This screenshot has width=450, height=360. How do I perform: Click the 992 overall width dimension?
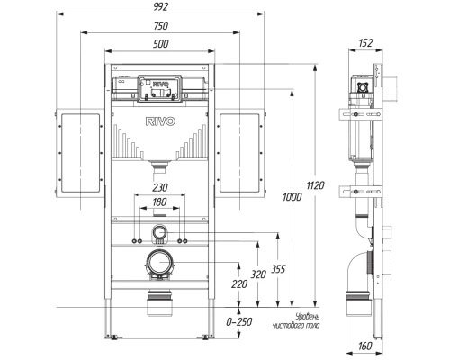[x=161, y=7]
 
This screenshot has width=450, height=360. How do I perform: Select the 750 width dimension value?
[x=161, y=26]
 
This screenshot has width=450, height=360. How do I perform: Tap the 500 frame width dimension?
[x=161, y=44]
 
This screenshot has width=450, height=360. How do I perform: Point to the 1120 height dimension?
[x=316, y=185]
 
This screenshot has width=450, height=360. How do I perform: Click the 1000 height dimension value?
[x=292, y=197]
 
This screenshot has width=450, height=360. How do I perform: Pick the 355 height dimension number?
[x=278, y=269]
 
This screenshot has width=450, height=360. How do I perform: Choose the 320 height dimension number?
[x=258, y=274]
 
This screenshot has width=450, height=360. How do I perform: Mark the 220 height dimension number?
[x=239, y=284]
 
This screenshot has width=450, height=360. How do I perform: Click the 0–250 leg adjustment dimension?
[x=239, y=322]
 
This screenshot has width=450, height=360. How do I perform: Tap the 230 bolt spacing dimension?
[x=160, y=188]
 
